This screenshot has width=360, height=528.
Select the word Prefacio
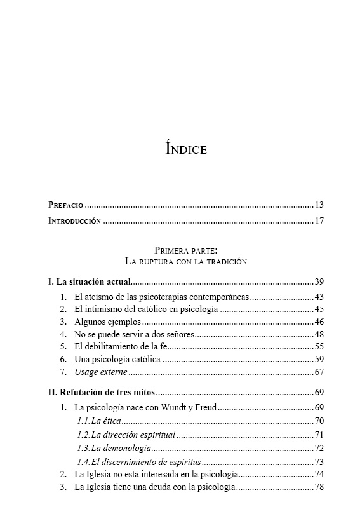tap(65, 205)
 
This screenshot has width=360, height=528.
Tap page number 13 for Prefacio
tap(319, 205)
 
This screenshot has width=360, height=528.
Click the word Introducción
tap(75, 221)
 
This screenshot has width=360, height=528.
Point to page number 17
tap(319, 221)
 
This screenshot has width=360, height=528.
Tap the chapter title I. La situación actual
tap(90, 281)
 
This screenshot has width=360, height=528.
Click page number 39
tap(319, 281)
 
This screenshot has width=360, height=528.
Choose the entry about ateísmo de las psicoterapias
tap(161, 297)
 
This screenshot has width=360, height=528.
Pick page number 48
tap(319, 334)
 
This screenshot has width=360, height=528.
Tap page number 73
tap(319, 462)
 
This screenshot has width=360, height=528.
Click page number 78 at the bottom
tap(319, 487)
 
